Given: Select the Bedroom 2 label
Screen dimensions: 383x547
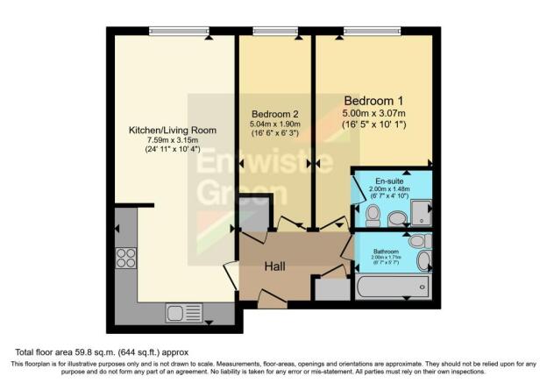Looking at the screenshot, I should [x=275, y=115].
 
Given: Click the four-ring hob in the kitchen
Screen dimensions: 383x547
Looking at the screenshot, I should [x=125, y=258].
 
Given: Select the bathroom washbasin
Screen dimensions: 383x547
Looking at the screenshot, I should [x=425, y=260].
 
